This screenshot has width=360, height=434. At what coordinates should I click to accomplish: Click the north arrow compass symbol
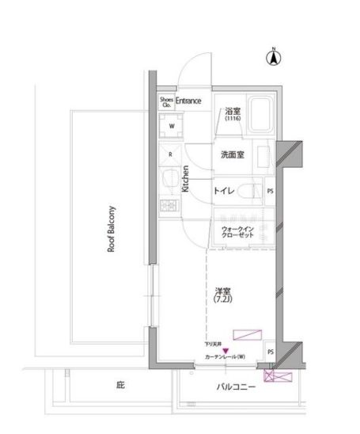tap(274, 56)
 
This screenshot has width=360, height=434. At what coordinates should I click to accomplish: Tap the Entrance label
tap(188, 101)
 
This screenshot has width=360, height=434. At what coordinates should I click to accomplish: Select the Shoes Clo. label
tap(167, 101)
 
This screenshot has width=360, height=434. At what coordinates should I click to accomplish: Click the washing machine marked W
tap(171, 125)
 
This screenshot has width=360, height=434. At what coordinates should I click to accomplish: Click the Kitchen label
tap(186, 179)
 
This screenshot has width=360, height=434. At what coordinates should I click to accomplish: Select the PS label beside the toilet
tap(271, 191)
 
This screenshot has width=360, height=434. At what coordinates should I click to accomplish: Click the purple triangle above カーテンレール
tap(225, 350)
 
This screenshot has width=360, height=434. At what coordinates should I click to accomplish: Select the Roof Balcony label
tap(112, 229)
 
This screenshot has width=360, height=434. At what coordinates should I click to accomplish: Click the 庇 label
tap(120, 386)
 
